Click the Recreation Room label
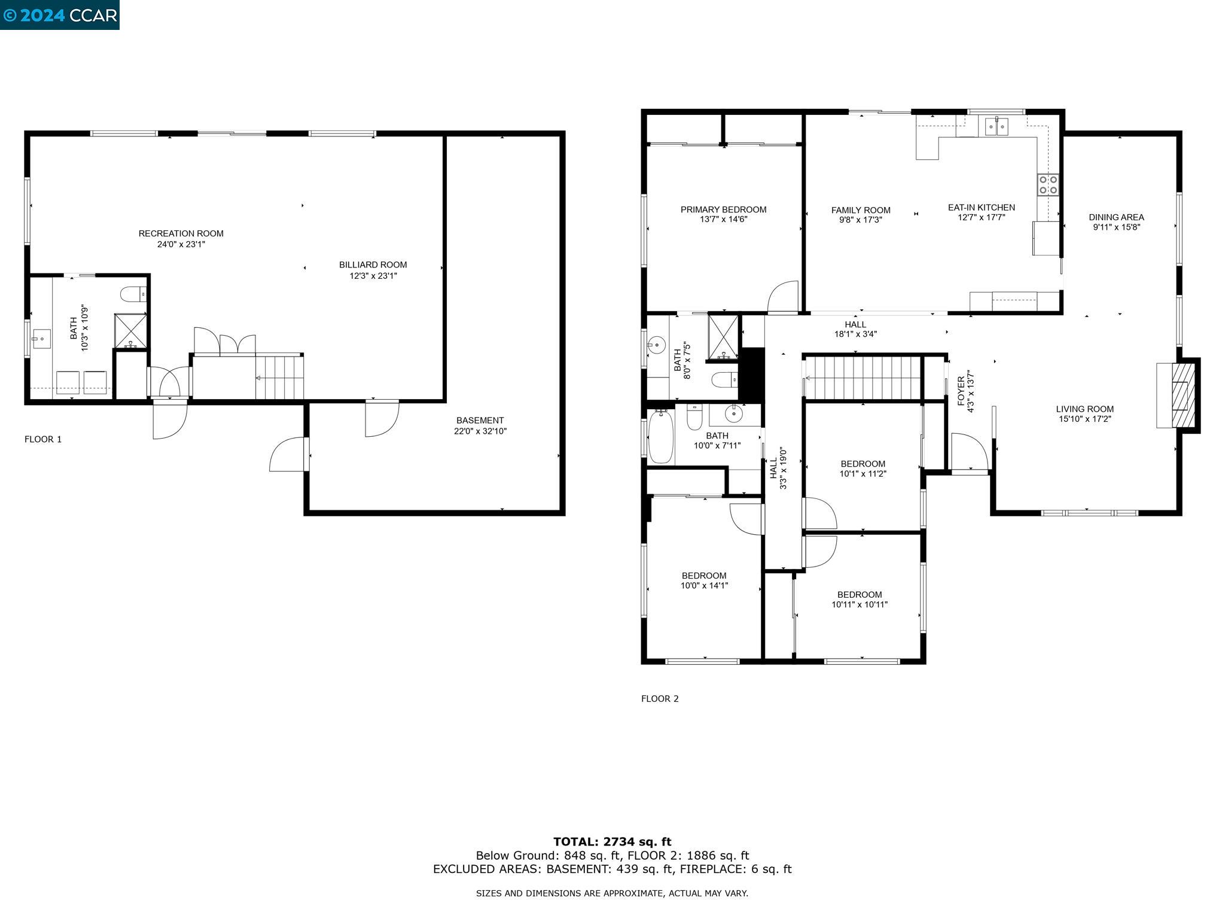point(181,233)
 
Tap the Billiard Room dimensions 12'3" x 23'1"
point(373,276)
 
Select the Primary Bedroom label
point(723,209)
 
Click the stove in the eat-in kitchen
point(1047,184)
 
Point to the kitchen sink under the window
point(997,127)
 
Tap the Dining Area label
point(1116,217)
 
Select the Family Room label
point(861,210)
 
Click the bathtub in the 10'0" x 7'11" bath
point(661,437)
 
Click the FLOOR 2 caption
point(660,698)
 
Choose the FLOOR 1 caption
point(43,439)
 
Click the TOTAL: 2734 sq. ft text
point(612,842)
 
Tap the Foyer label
point(961,391)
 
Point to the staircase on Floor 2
point(861,378)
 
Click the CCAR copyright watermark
point(60,15)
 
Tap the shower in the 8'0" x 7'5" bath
point(723,336)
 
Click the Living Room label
point(1084,409)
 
